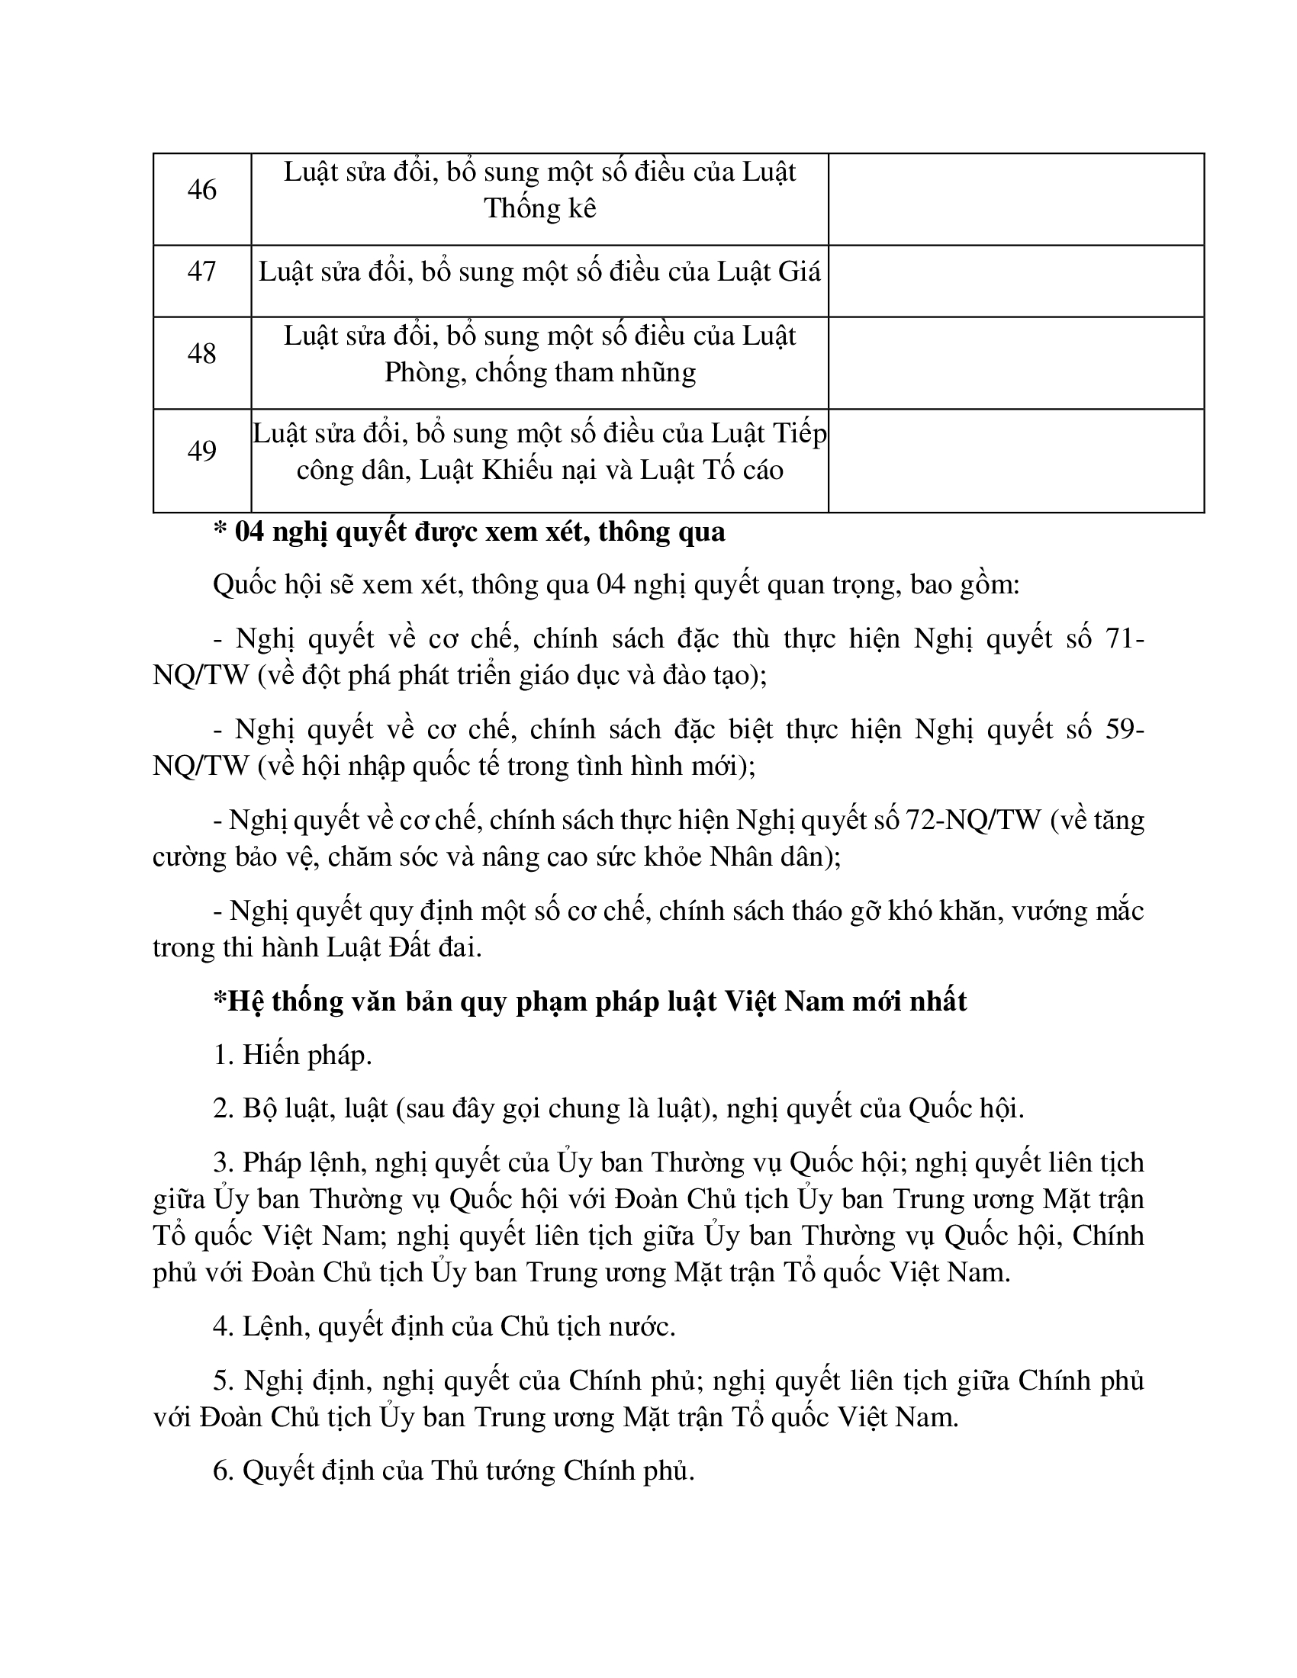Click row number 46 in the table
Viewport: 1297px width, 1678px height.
coord(201,190)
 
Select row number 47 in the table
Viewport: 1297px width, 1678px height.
coord(201,272)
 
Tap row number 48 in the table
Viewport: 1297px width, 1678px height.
coord(201,353)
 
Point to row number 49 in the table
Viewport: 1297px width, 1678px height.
coord(201,451)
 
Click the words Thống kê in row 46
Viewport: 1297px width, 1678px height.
coord(540,209)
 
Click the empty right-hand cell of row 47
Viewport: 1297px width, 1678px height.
coord(1015,281)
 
